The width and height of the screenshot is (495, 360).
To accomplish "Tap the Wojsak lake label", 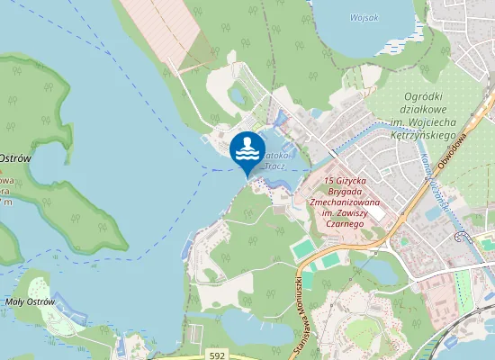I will coord(364,17).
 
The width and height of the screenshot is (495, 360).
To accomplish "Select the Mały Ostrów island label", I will coord(30,301).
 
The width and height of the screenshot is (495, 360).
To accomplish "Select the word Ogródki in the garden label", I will coord(408,96).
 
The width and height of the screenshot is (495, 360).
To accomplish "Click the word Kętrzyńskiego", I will coord(410,131).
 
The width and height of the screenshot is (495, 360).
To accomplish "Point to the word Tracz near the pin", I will coord(276,166).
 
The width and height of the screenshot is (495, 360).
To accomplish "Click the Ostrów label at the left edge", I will coord(16,158).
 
